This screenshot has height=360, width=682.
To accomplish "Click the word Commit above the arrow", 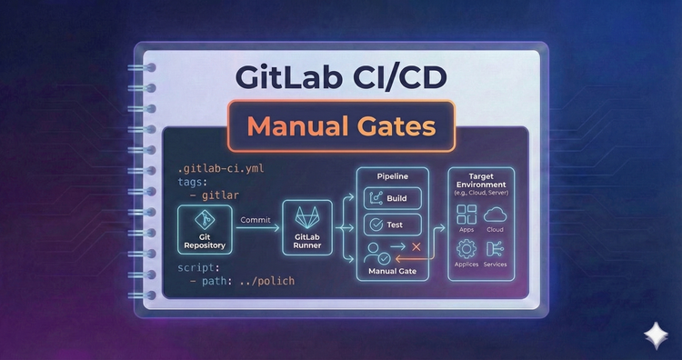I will point(256,219).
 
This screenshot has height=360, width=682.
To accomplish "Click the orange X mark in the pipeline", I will point(416,246).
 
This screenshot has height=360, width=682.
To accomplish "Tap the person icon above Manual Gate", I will point(371,250).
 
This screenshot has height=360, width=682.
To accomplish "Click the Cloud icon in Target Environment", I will point(496,215).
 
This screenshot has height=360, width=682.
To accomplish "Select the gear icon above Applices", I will point(467,248).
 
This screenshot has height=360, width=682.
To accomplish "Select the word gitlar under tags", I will point(219,195).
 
